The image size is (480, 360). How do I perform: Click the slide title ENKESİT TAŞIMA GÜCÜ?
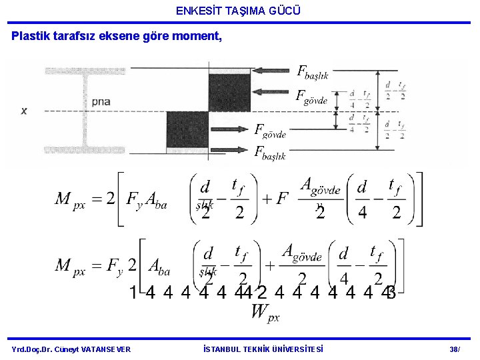tap(239, 11)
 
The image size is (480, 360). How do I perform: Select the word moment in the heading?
tap(198, 36)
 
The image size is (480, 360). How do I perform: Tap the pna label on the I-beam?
tap(101, 102)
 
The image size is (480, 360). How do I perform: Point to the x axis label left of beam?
tap(24, 111)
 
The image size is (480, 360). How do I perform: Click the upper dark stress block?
tap(229, 93)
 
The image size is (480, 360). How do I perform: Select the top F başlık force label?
tap(312, 72)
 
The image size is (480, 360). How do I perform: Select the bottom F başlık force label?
tap(270, 152)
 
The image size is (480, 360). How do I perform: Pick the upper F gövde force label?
tap(311, 97)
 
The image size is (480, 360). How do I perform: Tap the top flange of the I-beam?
tap(86, 71)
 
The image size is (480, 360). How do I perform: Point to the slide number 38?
tap(455, 349)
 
